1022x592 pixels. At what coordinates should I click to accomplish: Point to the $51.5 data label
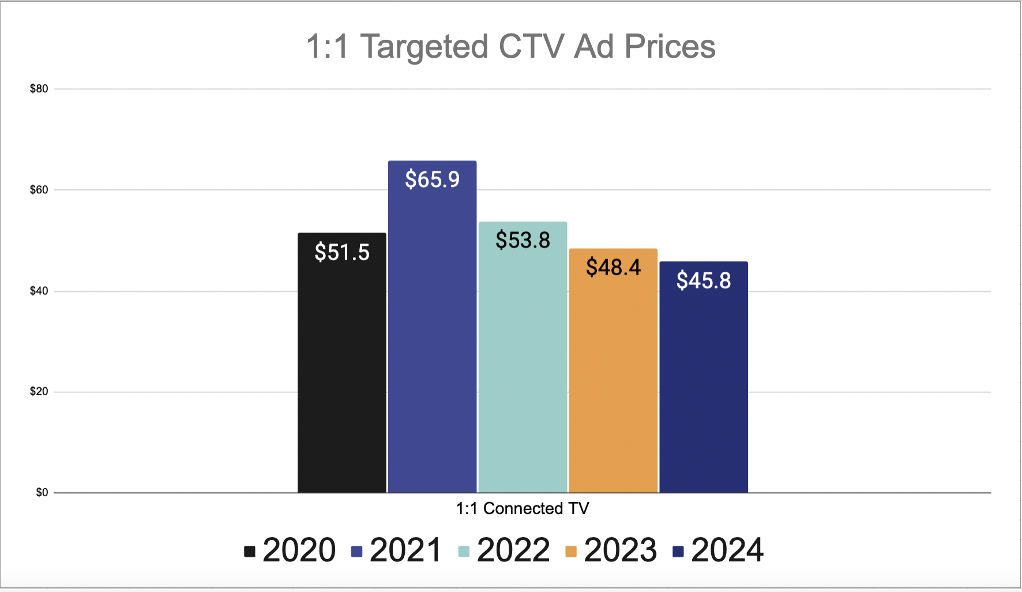(342, 252)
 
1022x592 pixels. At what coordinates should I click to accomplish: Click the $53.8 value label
(523, 240)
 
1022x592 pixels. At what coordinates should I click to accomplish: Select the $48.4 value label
(613, 267)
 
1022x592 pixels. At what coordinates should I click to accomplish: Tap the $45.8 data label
(704, 280)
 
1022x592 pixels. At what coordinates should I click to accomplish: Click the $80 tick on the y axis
(39, 89)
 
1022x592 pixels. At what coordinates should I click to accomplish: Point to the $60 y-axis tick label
(39, 190)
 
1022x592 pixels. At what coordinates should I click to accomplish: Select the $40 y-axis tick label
(39, 291)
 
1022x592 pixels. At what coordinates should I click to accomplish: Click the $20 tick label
(39, 392)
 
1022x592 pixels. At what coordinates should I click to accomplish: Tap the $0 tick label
(42, 493)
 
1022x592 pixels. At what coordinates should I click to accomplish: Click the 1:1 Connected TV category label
(523, 508)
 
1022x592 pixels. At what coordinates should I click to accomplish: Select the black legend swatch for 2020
(250, 552)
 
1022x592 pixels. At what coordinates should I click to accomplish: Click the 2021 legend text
(405, 550)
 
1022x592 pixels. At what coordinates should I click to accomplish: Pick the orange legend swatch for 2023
(571, 552)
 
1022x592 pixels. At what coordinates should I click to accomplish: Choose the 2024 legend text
(727, 550)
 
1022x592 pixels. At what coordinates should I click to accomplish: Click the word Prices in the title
(670, 46)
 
